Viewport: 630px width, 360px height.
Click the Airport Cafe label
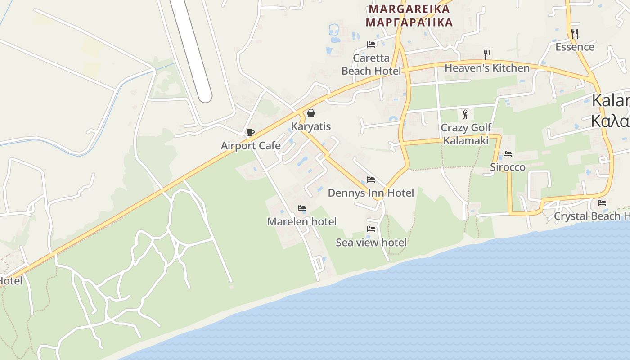[251, 146]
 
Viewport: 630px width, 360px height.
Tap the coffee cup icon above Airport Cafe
[251, 132]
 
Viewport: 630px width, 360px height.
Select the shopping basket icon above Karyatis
[310, 113]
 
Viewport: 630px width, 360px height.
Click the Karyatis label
[311, 126]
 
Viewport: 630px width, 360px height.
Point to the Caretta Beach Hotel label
[371, 64]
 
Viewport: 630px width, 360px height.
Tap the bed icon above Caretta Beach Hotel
[371, 45]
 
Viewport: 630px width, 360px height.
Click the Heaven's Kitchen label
[487, 68]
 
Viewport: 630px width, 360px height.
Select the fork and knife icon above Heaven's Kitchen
[487, 55]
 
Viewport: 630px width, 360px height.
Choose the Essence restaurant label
[575, 47]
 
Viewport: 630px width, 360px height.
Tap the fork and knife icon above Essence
[574, 33]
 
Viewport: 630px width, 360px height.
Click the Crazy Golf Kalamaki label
[466, 134]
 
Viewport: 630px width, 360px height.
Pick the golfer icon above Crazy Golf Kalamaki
[465, 114]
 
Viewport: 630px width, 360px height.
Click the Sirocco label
[508, 167]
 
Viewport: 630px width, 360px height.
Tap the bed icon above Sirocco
[508, 154]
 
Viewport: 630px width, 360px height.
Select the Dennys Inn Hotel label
[371, 193]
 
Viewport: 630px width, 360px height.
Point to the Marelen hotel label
[302, 221]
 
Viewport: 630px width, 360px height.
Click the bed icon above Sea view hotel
[371, 229]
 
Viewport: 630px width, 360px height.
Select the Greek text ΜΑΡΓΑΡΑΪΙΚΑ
[409, 22]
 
